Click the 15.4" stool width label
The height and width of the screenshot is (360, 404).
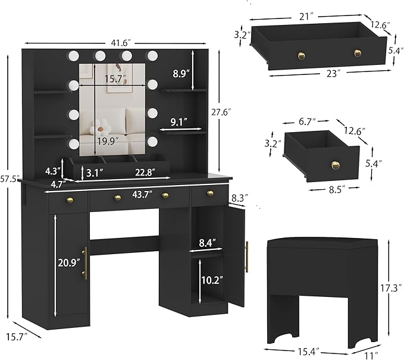307,352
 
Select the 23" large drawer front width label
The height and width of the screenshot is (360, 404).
324,74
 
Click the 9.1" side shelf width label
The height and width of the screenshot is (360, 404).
178,123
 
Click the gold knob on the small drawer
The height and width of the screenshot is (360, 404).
336,165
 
